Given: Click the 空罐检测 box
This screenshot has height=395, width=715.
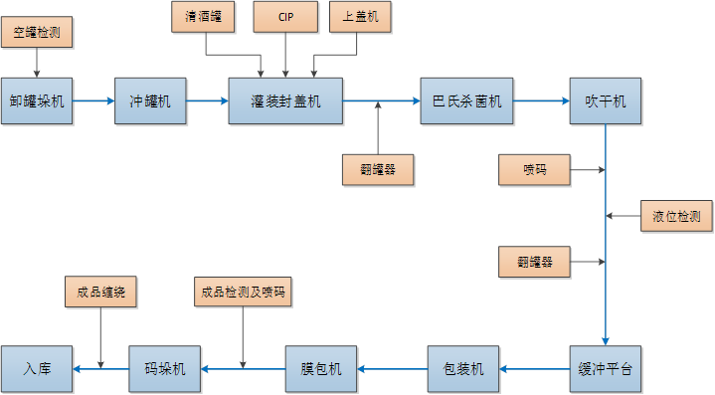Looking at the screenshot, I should pyautogui.click(x=38, y=33).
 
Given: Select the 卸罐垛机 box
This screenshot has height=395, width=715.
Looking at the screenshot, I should pyautogui.click(x=37, y=100).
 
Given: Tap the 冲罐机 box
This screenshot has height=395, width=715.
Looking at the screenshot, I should pyautogui.click(x=150, y=100).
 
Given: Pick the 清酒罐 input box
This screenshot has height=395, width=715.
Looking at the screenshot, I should pyautogui.click(x=205, y=17).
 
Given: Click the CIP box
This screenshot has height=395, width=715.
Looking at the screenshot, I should pyautogui.click(x=285, y=17).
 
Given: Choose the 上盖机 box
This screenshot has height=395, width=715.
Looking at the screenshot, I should pyautogui.click(x=360, y=17).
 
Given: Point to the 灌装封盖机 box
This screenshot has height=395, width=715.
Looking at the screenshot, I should pyautogui.click(x=286, y=100).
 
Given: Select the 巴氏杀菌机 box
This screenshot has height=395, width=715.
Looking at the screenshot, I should pyautogui.click(x=465, y=100).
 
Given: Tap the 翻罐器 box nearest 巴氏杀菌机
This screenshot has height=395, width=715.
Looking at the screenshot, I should pyautogui.click(x=378, y=170).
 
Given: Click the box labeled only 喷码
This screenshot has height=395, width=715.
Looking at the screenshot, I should pyautogui.click(x=535, y=170).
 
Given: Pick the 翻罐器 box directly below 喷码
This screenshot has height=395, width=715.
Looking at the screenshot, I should pyautogui.click(x=535, y=263).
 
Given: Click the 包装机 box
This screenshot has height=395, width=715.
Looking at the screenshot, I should pyautogui.click(x=463, y=369).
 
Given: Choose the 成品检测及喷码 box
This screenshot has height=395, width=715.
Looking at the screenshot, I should pyautogui.click(x=243, y=293).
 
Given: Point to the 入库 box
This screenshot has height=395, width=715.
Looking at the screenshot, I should pyautogui.click(x=37, y=369).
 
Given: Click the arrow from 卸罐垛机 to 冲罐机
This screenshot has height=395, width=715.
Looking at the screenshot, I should pyautogui.click(x=94, y=100).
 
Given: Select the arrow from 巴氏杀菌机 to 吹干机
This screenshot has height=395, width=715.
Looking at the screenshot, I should pyautogui.click(x=541, y=100).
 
